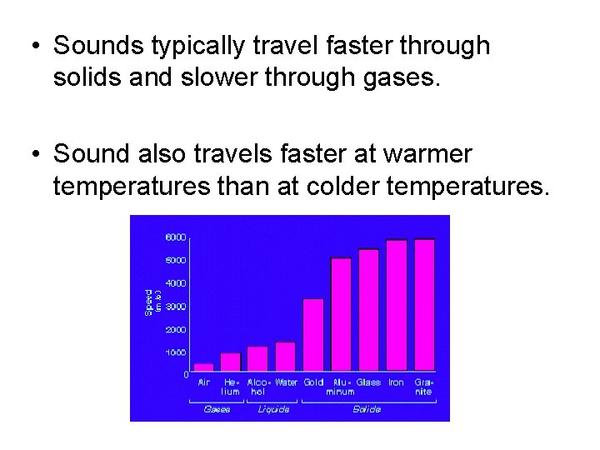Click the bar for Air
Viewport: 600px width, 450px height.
click(204, 367)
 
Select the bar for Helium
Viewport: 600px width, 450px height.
click(231, 362)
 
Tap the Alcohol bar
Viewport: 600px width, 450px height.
click(257, 358)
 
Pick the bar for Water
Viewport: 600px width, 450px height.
click(286, 356)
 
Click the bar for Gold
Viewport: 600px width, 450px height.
click(313, 334)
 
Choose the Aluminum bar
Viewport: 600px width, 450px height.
click(341, 314)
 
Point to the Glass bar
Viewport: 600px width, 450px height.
click(368, 309)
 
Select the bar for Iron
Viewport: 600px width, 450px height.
click(397, 305)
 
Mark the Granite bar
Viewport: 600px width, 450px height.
click(424, 304)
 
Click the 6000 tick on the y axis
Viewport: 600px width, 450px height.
click(175, 237)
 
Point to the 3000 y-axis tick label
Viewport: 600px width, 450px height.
click(175, 307)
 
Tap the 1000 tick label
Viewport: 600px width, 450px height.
click(175, 352)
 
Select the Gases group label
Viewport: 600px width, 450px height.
click(217, 409)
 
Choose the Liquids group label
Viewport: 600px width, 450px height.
click(273, 409)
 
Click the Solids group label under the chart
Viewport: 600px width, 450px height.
click(367, 409)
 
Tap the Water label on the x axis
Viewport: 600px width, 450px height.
click(286, 382)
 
